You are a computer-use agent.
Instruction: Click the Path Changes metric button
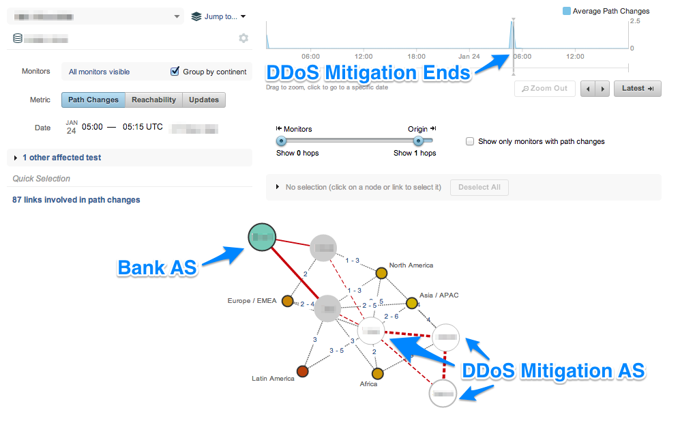tap(93, 100)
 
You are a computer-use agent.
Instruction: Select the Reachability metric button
tap(153, 100)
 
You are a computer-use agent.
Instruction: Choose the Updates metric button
tap(204, 100)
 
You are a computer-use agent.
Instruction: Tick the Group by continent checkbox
tap(175, 72)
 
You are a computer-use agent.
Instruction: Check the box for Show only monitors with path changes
tap(469, 141)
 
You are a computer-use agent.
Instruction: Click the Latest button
tap(637, 88)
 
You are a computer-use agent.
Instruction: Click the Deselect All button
tap(479, 187)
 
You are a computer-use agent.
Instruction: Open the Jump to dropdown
tap(218, 16)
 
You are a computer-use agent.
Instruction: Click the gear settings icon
tap(243, 38)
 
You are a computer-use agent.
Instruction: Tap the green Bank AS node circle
tap(261, 237)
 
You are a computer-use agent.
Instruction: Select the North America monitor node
tap(381, 273)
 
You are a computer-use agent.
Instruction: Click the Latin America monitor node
tap(303, 372)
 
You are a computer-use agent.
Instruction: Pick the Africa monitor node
tap(377, 373)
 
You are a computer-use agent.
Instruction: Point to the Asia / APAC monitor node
tap(412, 303)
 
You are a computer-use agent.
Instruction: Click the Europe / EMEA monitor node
tap(288, 301)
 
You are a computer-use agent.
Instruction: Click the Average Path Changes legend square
tap(566, 11)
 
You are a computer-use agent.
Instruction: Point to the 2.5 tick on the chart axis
tap(635, 21)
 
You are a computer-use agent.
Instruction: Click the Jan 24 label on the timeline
tap(469, 57)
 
